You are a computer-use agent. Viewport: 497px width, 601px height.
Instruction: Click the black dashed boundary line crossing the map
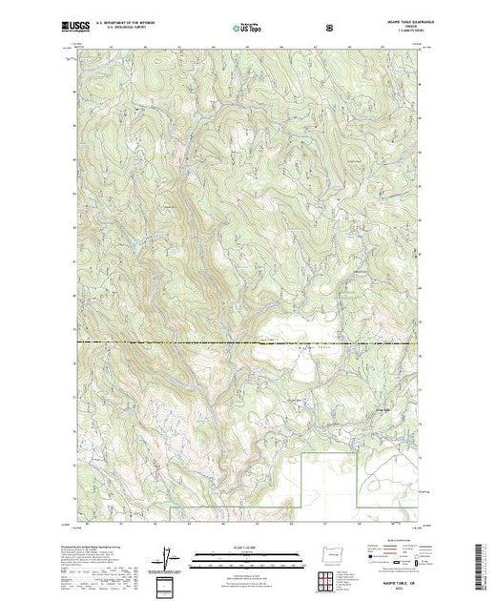tap(191, 342)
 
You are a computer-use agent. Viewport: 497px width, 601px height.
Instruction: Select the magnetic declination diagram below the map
tap(168, 557)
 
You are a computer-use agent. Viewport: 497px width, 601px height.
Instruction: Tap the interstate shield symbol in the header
tap(329, 29)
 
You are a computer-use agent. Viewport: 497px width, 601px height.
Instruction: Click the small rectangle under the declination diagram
tap(167, 583)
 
